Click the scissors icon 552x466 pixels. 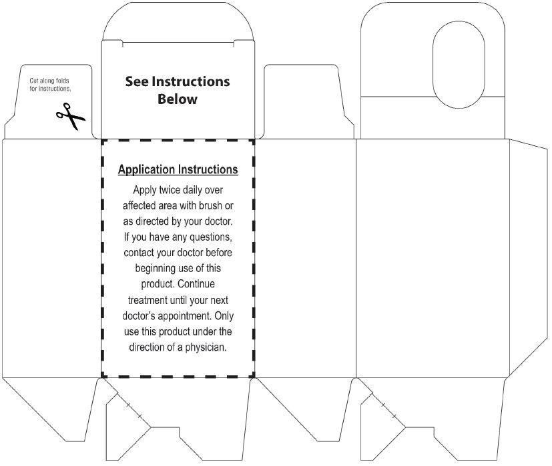coord(71,117)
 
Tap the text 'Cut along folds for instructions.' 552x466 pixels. coord(49,84)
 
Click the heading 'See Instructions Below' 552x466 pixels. coord(178,90)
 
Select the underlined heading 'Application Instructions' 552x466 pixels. coord(178,170)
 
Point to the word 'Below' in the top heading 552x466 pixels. coord(178,99)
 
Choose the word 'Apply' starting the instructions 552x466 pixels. coord(145,190)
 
